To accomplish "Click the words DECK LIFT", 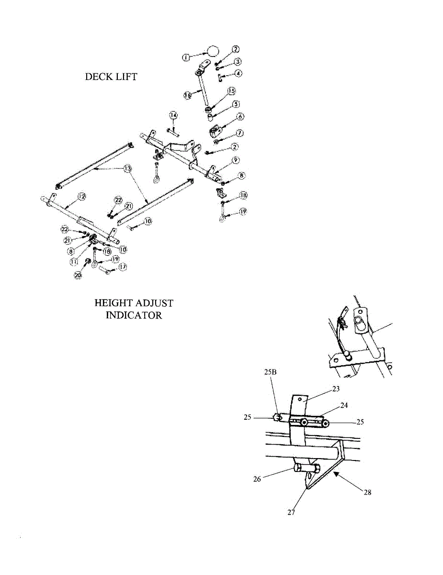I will click(111, 77).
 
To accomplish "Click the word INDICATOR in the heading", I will click(134, 315).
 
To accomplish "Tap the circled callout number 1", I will click(186, 57).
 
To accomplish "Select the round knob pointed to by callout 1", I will click(213, 50).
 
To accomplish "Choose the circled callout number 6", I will click(240, 116).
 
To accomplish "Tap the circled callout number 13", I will click(127, 169).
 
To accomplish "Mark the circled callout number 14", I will click(173, 115).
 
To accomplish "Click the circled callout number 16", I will click(188, 95).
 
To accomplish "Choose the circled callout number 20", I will click(79, 275).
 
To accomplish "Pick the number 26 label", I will click(258, 478).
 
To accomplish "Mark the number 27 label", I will click(291, 512).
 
